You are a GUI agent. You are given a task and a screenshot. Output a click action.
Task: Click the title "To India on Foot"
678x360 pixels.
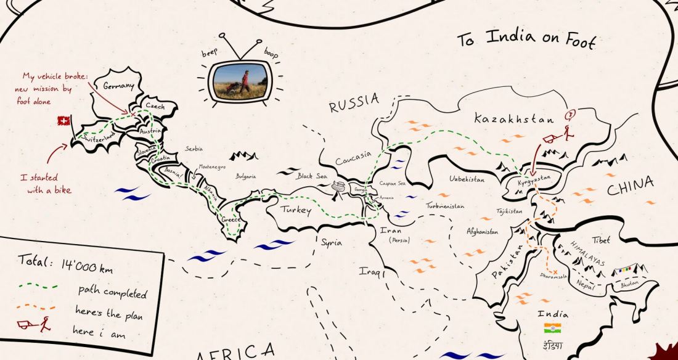click(526, 40)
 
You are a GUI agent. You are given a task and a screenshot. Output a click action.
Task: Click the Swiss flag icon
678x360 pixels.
click(62, 121)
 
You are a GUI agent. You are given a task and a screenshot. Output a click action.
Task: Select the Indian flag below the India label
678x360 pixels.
click(552, 328)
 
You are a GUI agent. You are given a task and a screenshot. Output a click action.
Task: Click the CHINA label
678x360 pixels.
click(631, 187)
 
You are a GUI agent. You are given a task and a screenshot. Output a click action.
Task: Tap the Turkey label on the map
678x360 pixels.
click(296, 210)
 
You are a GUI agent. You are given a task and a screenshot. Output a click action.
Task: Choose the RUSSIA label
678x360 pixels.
click(353, 105)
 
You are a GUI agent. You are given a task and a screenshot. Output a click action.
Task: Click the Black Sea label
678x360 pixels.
click(312, 176)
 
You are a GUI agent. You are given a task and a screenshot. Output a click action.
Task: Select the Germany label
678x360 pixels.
click(118, 86)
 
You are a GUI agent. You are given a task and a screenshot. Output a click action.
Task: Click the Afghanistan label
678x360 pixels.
click(482, 232)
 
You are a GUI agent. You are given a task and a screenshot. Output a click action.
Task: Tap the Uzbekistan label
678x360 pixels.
click(467, 179)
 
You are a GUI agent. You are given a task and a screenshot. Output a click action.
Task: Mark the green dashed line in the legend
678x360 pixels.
click(38, 286)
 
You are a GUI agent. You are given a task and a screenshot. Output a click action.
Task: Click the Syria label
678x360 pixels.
click(331, 242)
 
